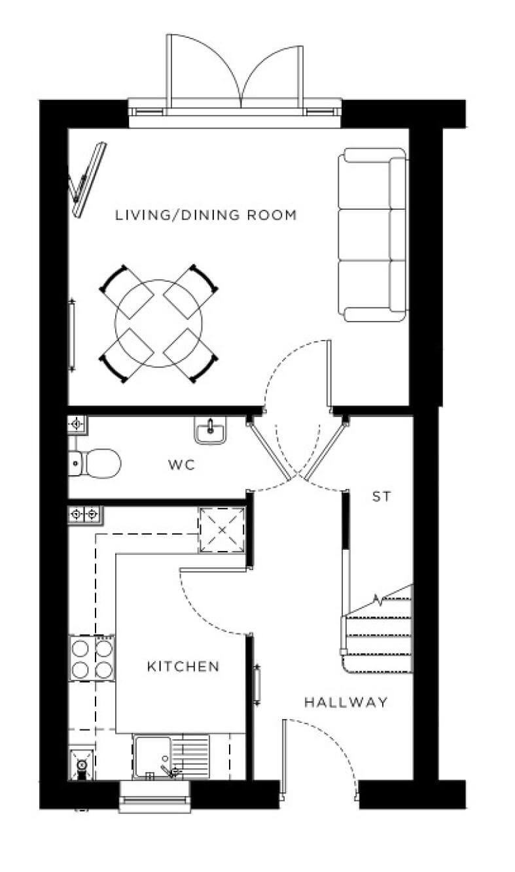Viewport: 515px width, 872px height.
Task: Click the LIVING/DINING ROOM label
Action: click(206, 214)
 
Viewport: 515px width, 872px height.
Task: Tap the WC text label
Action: click(182, 465)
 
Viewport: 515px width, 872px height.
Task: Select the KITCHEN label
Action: click(183, 667)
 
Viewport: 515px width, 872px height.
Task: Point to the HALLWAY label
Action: click(346, 703)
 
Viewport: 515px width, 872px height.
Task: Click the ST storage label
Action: click(382, 497)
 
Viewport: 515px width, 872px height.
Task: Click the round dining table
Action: click(158, 322)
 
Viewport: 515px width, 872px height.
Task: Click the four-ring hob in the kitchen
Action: click(92, 658)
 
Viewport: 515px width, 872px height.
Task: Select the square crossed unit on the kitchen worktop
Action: click(222, 529)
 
